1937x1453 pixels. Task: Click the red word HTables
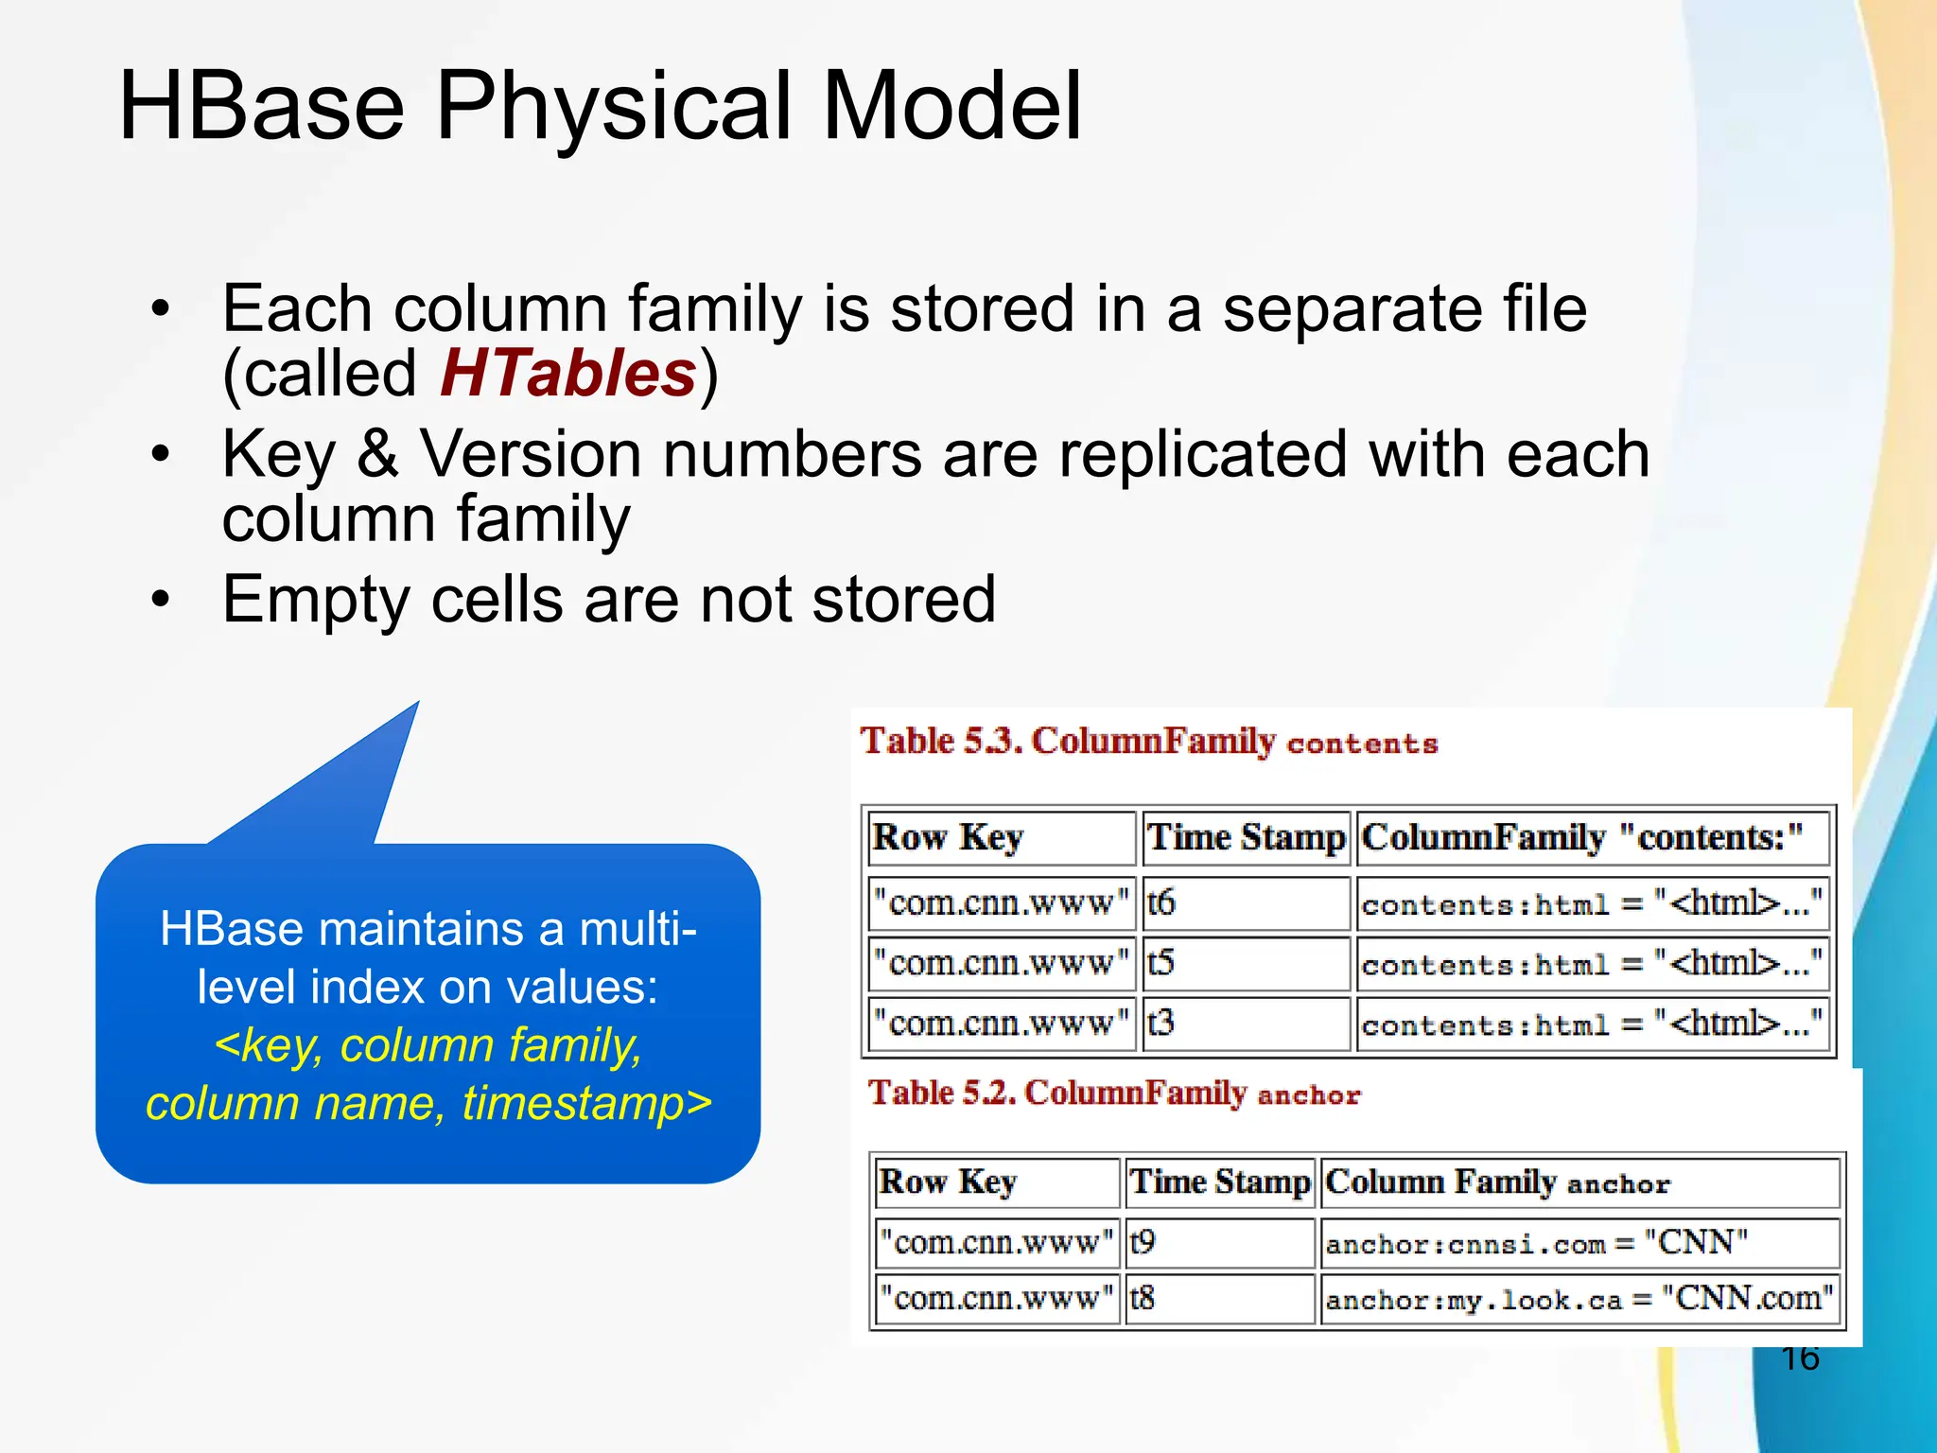tap(568, 374)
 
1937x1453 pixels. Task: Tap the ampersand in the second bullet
tap(378, 454)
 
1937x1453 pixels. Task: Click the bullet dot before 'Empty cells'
tap(162, 599)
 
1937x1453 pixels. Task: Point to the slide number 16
tap(1799, 1358)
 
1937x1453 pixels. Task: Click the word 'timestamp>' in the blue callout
tap(587, 1104)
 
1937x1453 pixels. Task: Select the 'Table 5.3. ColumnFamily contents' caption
tap(1148, 742)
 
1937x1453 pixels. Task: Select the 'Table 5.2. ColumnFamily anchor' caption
tap(1114, 1094)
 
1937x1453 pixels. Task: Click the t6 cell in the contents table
tap(1246, 903)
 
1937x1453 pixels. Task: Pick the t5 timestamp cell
tap(1246, 964)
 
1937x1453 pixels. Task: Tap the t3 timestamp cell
tap(1246, 1024)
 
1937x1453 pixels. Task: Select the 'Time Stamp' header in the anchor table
tap(1219, 1182)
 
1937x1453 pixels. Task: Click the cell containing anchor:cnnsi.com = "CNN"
tap(1579, 1242)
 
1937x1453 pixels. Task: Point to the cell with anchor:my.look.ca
tap(1579, 1298)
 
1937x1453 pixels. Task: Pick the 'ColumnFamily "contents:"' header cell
tap(1592, 838)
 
